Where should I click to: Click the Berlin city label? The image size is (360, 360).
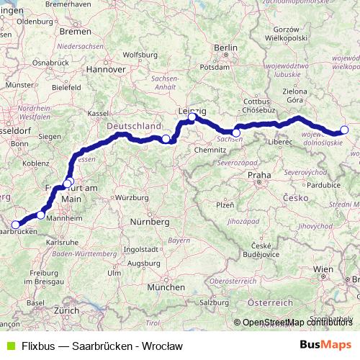(225, 48)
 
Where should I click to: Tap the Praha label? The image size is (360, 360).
(258, 175)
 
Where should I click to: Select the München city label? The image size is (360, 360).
(166, 287)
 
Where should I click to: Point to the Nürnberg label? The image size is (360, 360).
(149, 222)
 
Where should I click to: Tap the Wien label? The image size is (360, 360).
(323, 268)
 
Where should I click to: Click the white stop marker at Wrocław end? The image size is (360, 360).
(344, 130)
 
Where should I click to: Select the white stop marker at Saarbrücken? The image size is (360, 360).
(16, 225)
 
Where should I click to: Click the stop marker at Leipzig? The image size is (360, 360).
(192, 117)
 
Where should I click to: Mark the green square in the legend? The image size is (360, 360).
(9, 346)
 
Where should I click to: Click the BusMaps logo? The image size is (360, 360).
(325, 346)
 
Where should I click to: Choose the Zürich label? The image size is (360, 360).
(66, 310)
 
